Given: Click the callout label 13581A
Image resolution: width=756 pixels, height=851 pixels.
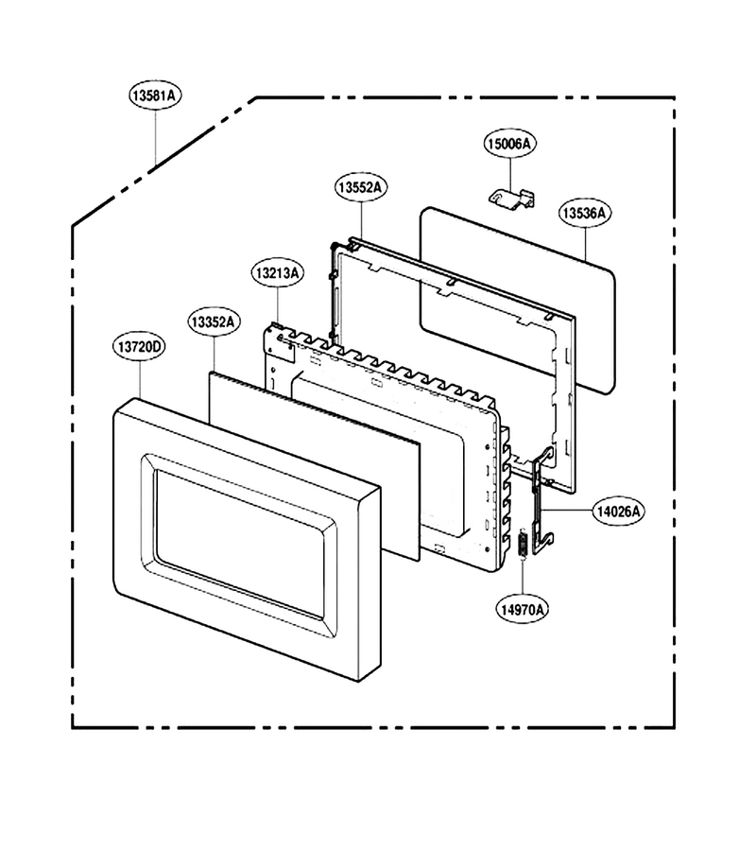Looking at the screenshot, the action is tap(155, 96).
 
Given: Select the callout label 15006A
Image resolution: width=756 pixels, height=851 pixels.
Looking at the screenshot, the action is tap(509, 144).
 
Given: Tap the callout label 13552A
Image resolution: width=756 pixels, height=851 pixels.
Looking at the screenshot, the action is tap(361, 186).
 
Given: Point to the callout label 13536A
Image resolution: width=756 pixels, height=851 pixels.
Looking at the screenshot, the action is tap(585, 213).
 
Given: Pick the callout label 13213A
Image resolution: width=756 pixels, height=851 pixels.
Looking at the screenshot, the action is tap(278, 272).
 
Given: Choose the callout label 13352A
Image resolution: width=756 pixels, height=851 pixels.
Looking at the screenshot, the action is tap(214, 321).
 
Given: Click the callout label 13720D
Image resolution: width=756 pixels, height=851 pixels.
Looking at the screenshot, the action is tap(139, 346).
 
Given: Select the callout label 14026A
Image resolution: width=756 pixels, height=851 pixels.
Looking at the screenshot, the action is tap(618, 511).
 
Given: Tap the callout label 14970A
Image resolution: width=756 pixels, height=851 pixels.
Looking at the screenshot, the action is tap(523, 609).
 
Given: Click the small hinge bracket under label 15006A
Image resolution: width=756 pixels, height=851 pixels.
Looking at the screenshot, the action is tap(512, 198).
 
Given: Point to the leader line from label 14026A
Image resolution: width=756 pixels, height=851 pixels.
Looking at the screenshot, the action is tap(567, 511).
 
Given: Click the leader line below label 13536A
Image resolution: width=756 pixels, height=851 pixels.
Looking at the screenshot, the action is tap(585, 244).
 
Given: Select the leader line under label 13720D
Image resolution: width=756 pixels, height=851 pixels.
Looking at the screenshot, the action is tap(140, 380).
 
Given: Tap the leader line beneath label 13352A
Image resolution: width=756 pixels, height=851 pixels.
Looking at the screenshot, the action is tap(215, 354).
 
